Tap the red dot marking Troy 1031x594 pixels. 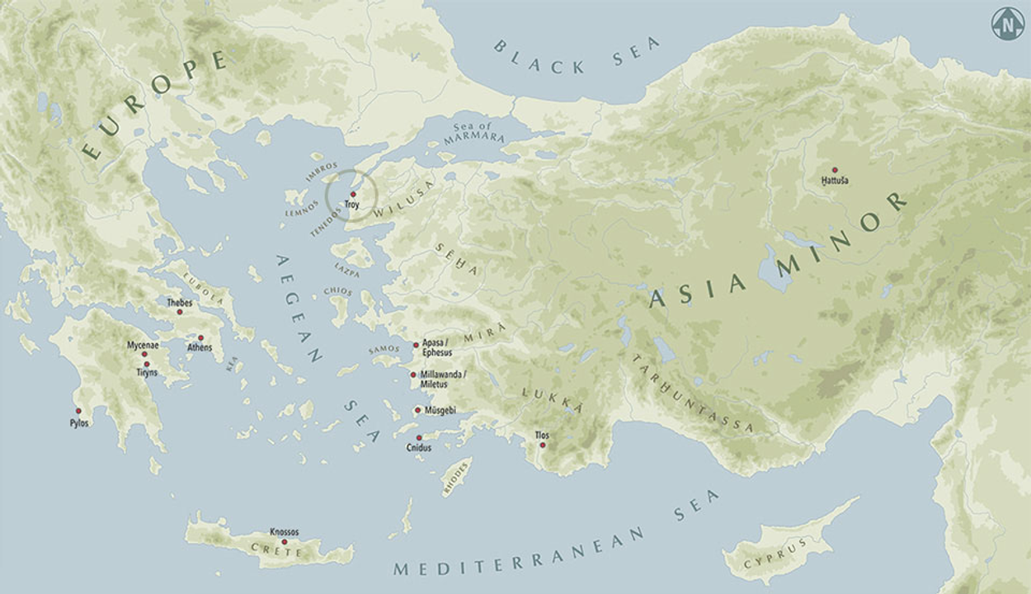(x=353, y=194)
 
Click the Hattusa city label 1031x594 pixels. (x=835, y=180)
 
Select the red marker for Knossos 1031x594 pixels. (x=285, y=542)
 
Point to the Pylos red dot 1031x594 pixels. (x=79, y=411)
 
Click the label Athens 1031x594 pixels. (x=200, y=347)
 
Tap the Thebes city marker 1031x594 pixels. (x=180, y=312)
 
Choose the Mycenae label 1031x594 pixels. (x=143, y=345)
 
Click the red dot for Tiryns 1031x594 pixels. (x=147, y=364)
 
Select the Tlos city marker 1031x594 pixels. (x=542, y=445)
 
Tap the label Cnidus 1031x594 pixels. (x=419, y=448)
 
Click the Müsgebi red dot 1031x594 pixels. (x=417, y=410)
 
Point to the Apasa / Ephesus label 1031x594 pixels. (x=437, y=346)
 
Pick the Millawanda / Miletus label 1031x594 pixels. (x=443, y=379)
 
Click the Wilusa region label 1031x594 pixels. (x=403, y=204)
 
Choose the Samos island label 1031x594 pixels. (x=384, y=350)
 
